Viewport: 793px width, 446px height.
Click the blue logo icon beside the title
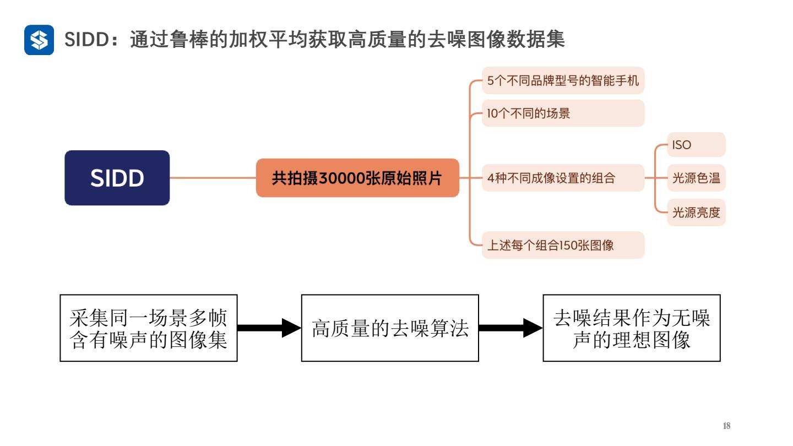coord(39,40)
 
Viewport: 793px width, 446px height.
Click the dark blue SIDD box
coord(117,178)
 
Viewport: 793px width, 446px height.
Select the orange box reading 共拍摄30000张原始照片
coord(357,178)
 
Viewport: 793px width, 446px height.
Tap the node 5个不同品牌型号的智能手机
coord(563,81)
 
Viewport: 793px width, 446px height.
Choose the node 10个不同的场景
coord(563,114)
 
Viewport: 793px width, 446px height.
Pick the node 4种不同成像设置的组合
coord(563,178)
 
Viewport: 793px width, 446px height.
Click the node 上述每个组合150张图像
coord(563,245)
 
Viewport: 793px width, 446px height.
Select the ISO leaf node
coord(696,145)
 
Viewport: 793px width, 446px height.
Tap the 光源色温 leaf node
coord(696,178)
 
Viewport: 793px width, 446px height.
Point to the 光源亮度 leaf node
coord(696,212)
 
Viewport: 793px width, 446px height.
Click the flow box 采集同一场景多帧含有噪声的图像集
coord(149,328)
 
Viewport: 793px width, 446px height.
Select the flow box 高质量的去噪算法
coord(390,328)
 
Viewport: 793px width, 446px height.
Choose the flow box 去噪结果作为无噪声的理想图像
coord(632,328)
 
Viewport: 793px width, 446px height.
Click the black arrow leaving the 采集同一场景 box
coord(269,328)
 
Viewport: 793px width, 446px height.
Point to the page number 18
coord(726,426)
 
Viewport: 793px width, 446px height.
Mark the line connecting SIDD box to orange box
coord(213,178)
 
